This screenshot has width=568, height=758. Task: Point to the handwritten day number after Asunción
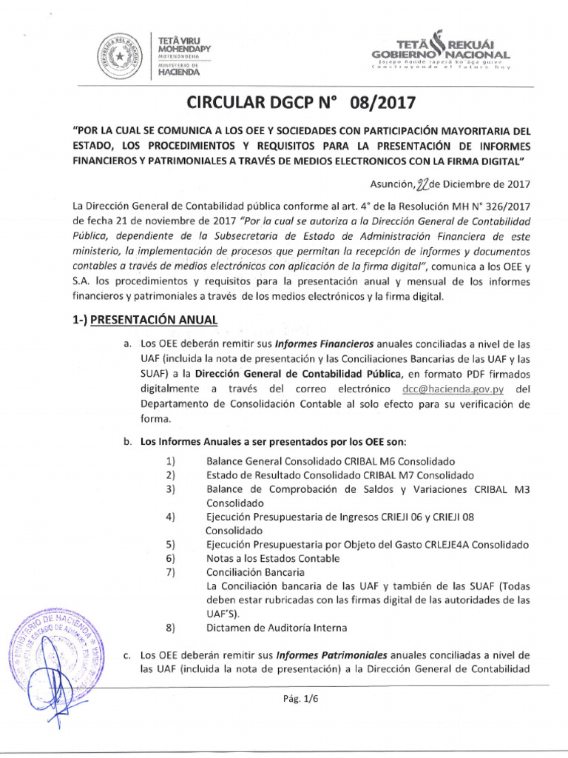[x=405, y=184]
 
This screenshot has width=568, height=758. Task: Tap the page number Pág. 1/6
[x=313, y=700]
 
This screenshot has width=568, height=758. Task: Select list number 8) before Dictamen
[x=170, y=628]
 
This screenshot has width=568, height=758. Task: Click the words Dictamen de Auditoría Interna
[x=277, y=628]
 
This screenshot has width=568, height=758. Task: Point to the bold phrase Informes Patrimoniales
[x=331, y=655]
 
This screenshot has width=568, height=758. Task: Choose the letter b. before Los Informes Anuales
[x=127, y=442]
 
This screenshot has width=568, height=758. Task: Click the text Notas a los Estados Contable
[x=273, y=558]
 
